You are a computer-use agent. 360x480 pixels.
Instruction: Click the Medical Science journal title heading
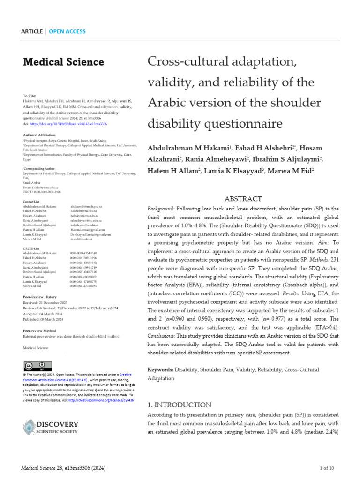coord(63,62)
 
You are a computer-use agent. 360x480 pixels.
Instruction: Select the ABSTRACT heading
coord(243,199)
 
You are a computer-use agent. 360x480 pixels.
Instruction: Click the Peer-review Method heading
coord(40,331)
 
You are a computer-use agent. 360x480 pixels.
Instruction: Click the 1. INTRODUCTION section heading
coord(179,405)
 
